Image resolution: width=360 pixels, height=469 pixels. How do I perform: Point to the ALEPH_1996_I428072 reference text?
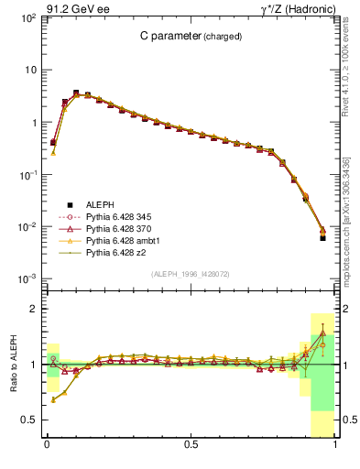click(191, 275)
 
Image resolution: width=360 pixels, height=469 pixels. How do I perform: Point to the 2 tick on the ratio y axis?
click(32, 310)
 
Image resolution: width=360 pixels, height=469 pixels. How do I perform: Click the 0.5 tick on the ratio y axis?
click(28, 420)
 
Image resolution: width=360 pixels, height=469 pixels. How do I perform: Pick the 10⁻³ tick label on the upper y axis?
click(28, 278)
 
